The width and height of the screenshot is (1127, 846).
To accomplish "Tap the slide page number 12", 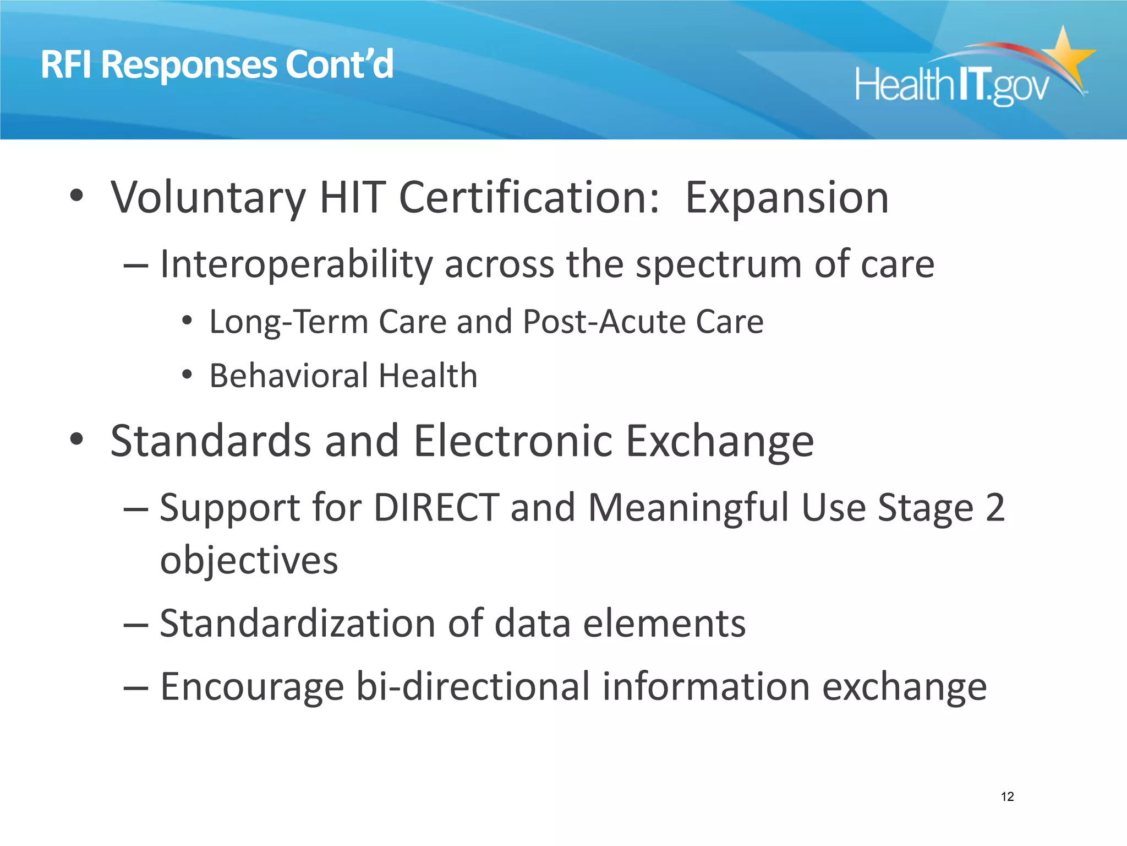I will (x=1007, y=796).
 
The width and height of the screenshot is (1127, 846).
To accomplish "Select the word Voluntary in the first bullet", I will (x=208, y=198).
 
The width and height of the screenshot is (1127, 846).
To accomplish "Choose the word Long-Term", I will (x=288, y=322).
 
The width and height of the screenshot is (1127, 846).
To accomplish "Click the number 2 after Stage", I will (x=995, y=507).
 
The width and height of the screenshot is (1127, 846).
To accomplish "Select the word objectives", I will (x=249, y=561).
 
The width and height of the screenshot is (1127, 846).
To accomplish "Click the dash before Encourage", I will (x=135, y=688).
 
